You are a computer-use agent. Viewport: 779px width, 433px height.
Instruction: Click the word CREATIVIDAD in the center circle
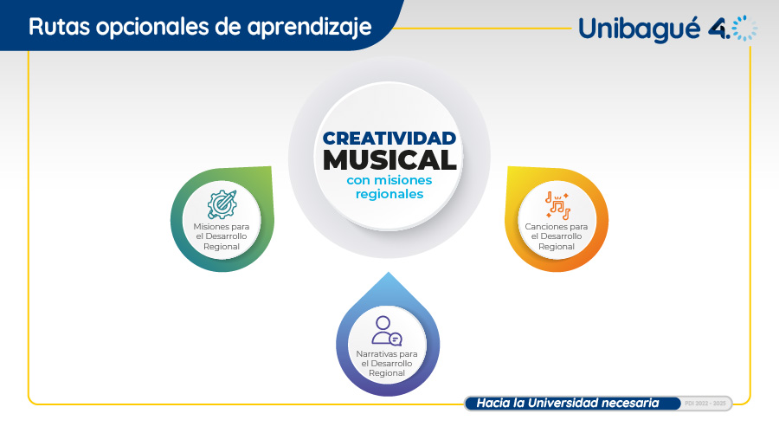[389, 139]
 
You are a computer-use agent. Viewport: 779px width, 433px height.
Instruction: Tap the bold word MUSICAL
[389, 160]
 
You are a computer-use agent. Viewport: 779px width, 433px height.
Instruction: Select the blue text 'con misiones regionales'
[389, 187]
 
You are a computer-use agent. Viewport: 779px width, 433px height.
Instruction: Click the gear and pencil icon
[222, 204]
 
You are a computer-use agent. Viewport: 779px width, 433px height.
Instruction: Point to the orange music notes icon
[557, 205]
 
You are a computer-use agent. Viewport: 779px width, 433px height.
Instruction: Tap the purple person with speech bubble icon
[387, 331]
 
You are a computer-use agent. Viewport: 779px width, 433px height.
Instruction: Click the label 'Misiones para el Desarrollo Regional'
[222, 236]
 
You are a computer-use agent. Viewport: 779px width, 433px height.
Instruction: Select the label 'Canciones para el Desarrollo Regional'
[557, 236]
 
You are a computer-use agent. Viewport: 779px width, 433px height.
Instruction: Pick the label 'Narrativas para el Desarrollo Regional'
[387, 364]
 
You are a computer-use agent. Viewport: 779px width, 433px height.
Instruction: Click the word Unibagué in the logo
[640, 29]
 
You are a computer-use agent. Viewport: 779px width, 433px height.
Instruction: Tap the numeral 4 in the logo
[718, 29]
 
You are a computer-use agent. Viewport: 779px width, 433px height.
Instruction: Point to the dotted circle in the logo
[744, 28]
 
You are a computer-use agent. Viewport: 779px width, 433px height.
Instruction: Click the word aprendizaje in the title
[310, 28]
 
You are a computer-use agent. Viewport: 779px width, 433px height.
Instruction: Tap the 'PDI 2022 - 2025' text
[705, 404]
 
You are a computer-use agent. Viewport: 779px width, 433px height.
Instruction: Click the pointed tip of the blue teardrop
[389, 272]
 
